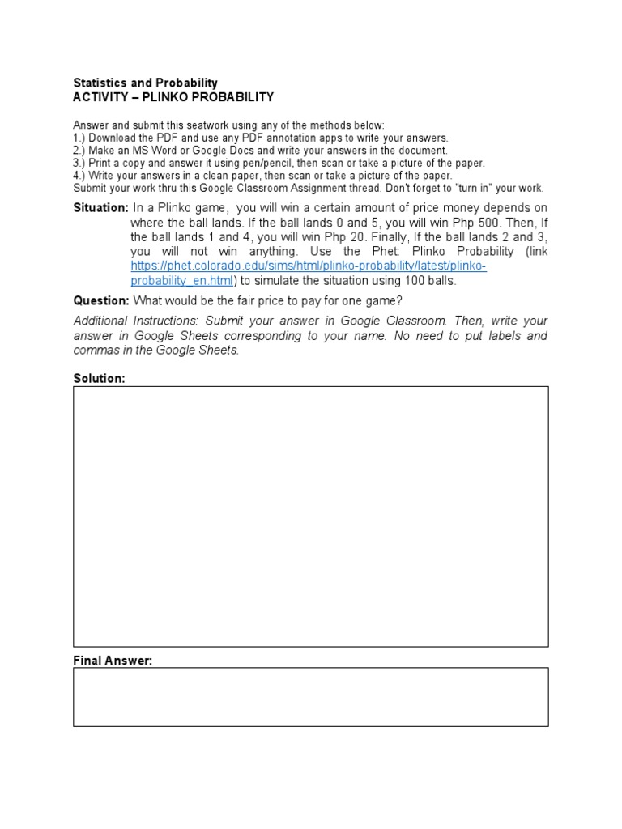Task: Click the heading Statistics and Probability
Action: click(146, 83)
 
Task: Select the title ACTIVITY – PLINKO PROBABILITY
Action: click(173, 97)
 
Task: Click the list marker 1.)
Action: click(80, 138)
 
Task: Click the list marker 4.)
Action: click(80, 175)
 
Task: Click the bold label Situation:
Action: click(100, 208)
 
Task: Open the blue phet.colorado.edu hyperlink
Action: click(308, 266)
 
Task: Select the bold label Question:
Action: click(100, 300)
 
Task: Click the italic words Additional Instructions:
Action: click(136, 321)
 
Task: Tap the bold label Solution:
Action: click(100, 379)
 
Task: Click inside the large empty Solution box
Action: click(310, 516)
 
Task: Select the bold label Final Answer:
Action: click(113, 661)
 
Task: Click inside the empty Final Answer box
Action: click(310, 696)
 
